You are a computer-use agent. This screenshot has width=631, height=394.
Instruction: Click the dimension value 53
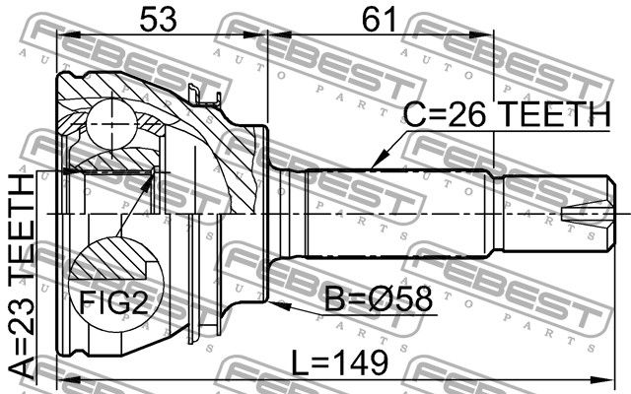(x=158, y=19)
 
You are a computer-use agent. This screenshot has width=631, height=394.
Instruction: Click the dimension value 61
(x=379, y=19)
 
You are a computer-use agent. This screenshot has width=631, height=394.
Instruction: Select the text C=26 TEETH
(x=507, y=114)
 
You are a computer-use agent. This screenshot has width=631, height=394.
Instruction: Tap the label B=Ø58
(x=379, y=299)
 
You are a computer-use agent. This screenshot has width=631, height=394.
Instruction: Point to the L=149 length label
(x=339, y=362)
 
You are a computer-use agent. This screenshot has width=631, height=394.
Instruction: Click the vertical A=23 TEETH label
(x=22, y=277)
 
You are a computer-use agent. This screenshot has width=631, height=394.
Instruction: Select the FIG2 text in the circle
(x=114, y=302)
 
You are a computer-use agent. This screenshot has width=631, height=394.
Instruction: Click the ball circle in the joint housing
(x=110, y=123)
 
